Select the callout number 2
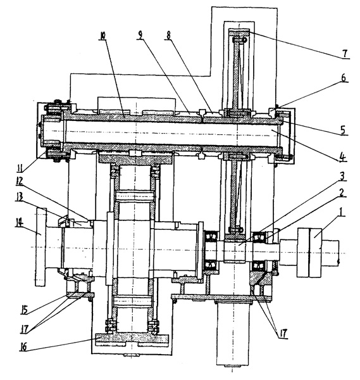coord(342,193)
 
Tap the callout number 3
coord(342,177)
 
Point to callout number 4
coord(342,157)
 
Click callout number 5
coord(343,130)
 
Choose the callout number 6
coord(344,78)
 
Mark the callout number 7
coord(345,54)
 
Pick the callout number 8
coord(168,35)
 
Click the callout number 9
coord(140,35)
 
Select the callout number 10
coord(102,36)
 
